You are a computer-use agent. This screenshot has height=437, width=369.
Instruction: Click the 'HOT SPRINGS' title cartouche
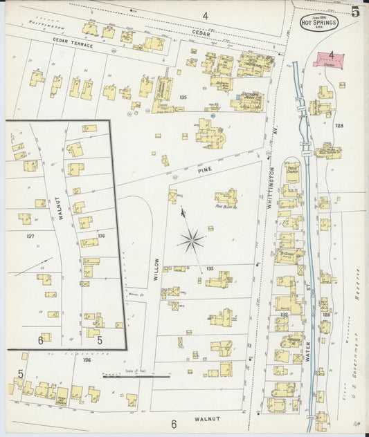(314, 21)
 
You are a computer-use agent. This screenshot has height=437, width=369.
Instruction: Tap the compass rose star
(192, 241)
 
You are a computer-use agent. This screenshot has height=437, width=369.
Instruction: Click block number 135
(183, 97)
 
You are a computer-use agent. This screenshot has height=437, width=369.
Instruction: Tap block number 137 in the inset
(30, 236)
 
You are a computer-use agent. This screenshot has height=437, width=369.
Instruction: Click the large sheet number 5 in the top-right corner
(354, 12)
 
